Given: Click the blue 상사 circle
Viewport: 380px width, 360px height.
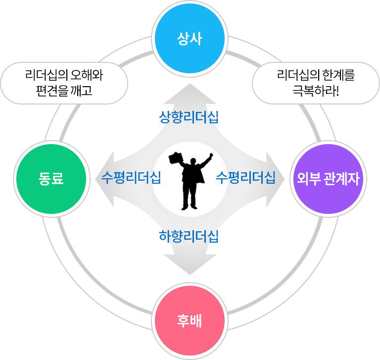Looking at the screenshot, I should pyautogui.click(x=190, y=39).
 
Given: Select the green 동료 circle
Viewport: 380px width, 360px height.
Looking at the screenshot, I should pyautogui.click(x=51, y=179).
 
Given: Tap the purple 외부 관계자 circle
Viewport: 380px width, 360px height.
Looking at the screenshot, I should pyautogui.click(x=328, y=179).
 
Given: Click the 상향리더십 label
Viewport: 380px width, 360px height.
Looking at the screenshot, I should pyautogui.click(x=189, y=117).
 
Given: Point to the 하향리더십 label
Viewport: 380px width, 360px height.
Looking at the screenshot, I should pyautogui.click(x=189, y=236).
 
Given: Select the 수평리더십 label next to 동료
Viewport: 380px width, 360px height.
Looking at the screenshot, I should pyautogui.click(x=131, y=178).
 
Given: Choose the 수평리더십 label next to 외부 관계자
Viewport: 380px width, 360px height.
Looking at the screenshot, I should pyautogui.click(x=246, y=178).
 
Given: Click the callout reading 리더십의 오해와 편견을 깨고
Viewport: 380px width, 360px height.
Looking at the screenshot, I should pyautogui.click(x=64, y=83).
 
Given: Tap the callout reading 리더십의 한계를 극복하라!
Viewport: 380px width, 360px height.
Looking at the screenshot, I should pyautogui.click(x=316, y=83).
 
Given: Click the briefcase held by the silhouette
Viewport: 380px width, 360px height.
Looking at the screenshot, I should pyautogui.click(x=176, y=158).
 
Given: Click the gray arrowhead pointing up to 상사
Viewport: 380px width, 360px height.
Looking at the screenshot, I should pyautogui.click(x=190, y=90).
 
